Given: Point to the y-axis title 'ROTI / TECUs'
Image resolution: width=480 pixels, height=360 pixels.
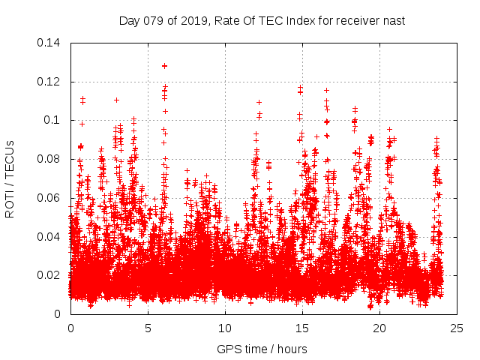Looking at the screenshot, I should tap(10, 178).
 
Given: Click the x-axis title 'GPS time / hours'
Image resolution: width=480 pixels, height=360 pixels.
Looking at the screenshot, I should tap(262, 349).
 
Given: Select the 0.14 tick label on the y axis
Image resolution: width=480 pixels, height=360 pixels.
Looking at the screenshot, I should tap(50, 42).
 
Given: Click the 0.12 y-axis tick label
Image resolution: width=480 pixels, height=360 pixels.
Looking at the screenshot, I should tap(50, 81).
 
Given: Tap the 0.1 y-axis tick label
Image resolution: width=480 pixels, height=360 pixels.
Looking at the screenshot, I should tap(54, 120).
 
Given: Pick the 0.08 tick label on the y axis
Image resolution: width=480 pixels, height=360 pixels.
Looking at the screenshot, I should tap(50, 159).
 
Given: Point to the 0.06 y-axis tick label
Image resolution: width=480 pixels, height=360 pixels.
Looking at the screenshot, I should tap(50, 198).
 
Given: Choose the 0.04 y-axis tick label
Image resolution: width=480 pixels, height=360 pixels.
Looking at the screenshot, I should tap(50, 237).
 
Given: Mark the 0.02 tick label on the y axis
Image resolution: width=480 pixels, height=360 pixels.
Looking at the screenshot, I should tap(50, 275).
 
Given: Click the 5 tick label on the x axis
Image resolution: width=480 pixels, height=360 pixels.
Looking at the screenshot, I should tap(148, 328).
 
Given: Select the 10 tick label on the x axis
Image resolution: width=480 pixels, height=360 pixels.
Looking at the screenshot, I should tap(225, 328).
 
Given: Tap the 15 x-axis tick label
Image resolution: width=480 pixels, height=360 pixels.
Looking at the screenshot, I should tap(302, 328).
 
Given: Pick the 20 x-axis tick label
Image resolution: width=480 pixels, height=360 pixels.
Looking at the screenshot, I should tap(379, 328).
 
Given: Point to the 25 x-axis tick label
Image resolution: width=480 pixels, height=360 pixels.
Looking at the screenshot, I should tap(457, 328).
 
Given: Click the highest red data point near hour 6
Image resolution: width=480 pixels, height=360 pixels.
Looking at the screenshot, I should tap(164, 66).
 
